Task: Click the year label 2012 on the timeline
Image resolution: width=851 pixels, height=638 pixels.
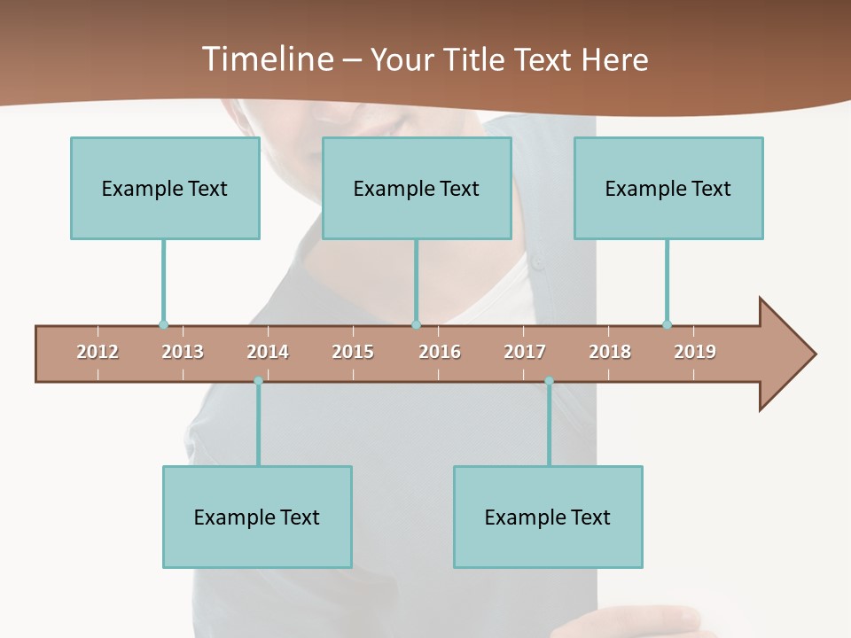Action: pyautogui.click(x=98, y=352)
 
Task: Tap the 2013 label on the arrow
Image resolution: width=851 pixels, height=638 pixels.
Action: pyautogui.click(x=183, y=352)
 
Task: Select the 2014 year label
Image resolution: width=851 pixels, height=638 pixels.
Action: pyautogui.click(x=268, y=352)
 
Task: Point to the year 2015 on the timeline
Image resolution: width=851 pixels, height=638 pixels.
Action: pyautogui.click(x=353, y=352)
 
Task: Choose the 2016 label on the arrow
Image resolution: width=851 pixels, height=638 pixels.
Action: pyautogui.click(x=440, y=352)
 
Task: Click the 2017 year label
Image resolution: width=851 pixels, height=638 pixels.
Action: pyautogui.click(x=525, y=352)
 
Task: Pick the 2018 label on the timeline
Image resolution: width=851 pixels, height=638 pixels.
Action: pyautogui.click(x=610, y=352)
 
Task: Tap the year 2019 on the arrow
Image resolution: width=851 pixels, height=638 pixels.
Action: pyautogui.click(x=695, y=352)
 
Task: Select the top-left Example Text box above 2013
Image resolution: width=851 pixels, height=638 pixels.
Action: pyautogui.click(x=165, y=188)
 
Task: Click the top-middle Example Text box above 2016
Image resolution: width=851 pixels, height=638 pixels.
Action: pyautogui.click(x=417, y=188)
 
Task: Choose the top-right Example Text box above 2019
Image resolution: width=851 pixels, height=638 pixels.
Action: pyautogui.click(x=668, y=188)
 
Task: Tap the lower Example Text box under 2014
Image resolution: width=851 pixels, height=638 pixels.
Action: pyautogui.click(x=257, y=517)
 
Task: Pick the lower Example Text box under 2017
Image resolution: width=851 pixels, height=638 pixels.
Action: pyautogui.click(x=548, y=517)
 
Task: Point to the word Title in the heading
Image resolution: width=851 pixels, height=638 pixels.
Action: pyautogui.click(x=479, y=59)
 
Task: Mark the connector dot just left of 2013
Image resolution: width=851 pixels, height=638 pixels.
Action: pyautogui.click(x=163, y=324)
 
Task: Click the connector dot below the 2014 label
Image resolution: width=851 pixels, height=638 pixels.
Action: pyautogui.click(x=258, y=380)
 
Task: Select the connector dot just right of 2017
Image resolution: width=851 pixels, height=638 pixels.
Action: pyautogui.click(x=549, y=380)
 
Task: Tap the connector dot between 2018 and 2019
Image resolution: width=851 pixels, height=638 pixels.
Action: pyautogui.click(x=667, y=324)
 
